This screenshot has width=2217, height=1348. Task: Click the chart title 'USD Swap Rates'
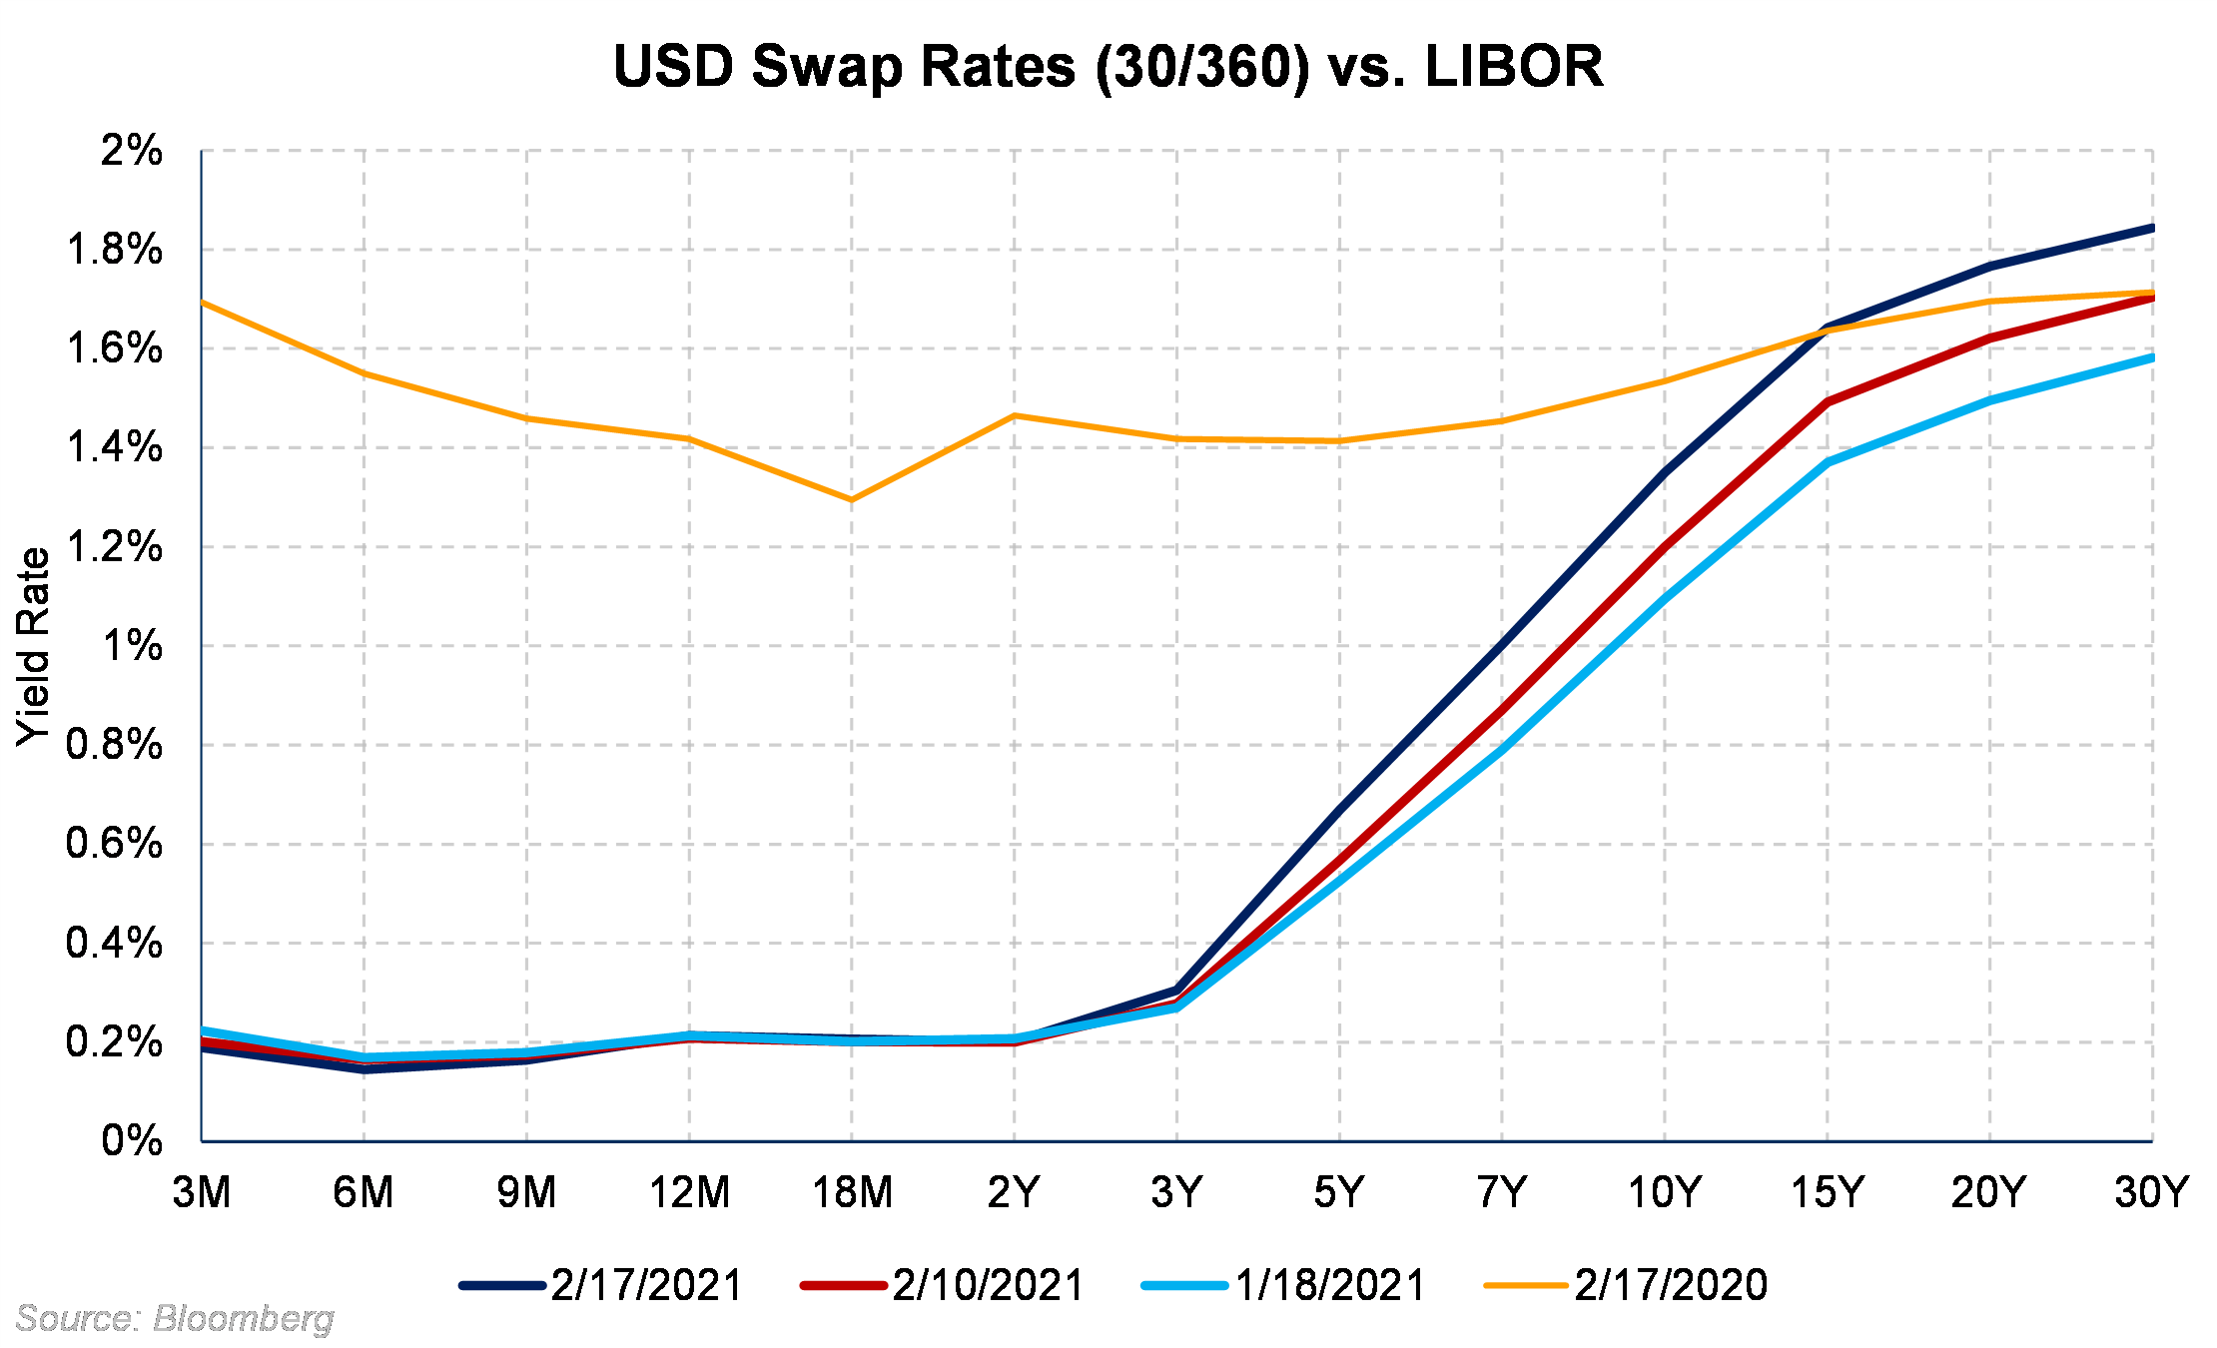coord(1108,67)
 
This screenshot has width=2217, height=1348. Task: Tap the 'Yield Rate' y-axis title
coord(34,646)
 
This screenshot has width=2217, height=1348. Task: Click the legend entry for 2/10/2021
coord(943,1285)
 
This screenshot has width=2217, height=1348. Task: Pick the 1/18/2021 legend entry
coord(1284,1285)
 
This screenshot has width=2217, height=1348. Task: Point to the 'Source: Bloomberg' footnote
coord(175,1319)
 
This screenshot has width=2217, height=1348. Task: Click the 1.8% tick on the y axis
coord(114,250)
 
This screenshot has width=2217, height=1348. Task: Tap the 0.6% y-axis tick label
coord(114,844)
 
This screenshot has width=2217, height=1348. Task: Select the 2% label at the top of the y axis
coord(131,151)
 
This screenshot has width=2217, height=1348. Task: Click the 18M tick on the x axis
coord(852,1192)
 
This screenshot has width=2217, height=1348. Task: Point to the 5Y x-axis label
coord(1339,1192)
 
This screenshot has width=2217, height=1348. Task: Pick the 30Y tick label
coord(2152,1192)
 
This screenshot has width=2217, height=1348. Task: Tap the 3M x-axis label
coord(202,1192)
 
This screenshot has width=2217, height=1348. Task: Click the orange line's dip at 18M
coord(852,499)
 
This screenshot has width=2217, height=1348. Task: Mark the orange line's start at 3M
coord(203,302)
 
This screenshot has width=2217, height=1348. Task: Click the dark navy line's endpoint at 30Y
coord(2151,229)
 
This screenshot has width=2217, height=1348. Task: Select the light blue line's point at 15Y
coord(1828,461)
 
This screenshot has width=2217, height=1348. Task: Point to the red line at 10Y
coord(1665,546)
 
